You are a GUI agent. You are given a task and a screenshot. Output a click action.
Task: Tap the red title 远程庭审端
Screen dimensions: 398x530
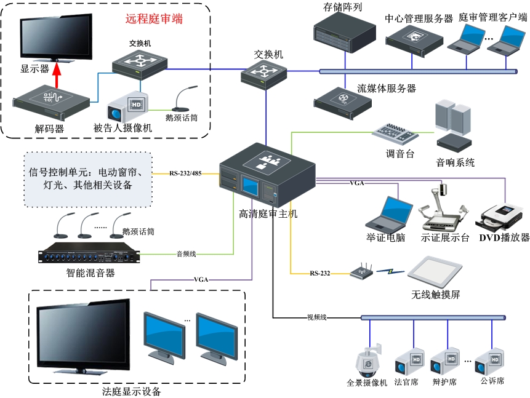point(154,18)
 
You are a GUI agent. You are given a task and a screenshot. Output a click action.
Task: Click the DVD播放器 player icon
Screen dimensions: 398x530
point(502,216)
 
